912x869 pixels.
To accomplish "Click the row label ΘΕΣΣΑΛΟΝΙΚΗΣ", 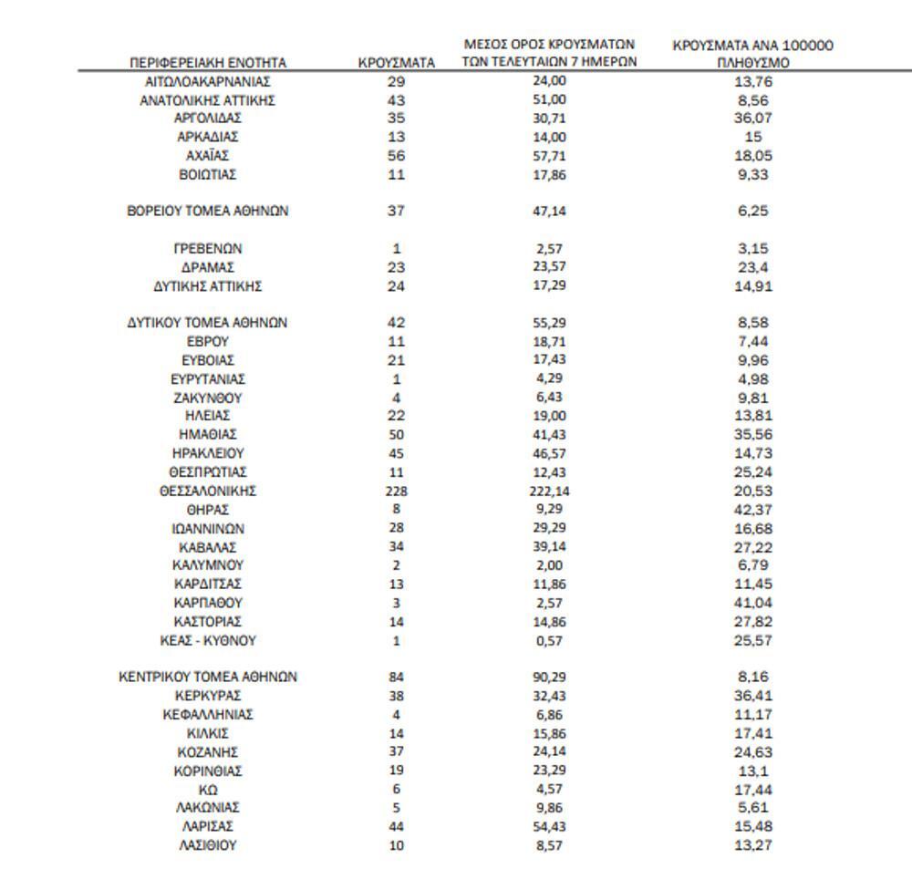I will point(208,491).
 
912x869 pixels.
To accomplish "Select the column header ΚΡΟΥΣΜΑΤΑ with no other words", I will point(396,63).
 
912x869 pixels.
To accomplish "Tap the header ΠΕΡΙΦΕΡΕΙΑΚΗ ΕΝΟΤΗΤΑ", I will point(208,63).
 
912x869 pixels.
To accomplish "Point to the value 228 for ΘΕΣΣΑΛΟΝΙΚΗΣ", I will point(396,491).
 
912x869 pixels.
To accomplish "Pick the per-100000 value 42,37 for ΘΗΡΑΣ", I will point(752,510).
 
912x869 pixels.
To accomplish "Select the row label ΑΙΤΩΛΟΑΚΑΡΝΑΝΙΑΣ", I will point(208,81).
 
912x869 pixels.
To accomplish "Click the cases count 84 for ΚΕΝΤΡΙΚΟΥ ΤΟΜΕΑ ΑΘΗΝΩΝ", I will point(396,678).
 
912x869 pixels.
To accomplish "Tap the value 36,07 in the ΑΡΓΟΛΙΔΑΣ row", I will point(752,119).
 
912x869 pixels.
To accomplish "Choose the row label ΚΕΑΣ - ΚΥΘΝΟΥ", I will point(208,640).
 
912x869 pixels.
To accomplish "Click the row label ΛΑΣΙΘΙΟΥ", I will point(208,845).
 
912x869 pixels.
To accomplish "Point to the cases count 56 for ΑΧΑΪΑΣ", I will point(396,156).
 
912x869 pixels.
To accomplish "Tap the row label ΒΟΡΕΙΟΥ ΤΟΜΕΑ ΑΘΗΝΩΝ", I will point(208,211).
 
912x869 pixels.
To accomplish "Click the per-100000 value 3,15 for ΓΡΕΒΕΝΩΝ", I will point(752,248).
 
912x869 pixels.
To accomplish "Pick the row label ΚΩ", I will point(208,789).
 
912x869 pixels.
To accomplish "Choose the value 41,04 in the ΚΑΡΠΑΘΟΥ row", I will point(752,603).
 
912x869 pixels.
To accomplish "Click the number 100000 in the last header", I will point(806,45).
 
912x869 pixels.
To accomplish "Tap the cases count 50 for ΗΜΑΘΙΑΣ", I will point(396,435).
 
